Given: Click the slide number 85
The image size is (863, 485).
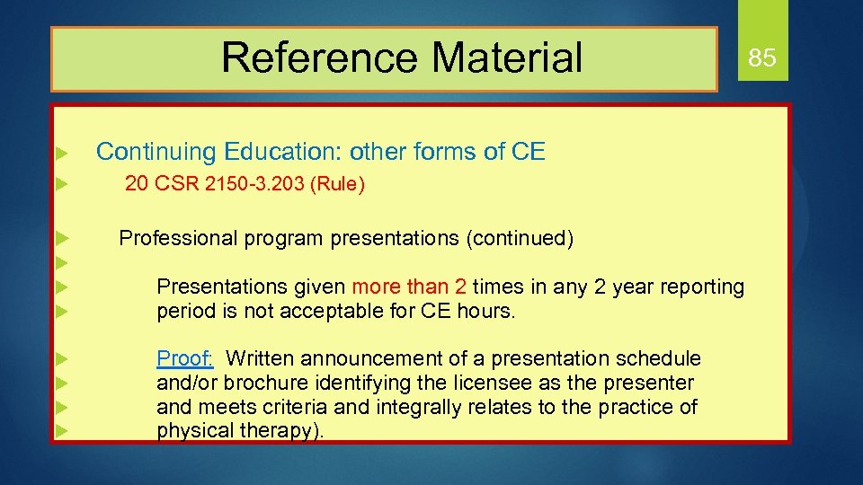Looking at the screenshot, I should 761,58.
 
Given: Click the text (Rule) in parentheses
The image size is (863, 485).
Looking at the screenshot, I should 337,185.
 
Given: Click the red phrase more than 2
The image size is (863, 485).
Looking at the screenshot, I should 409,287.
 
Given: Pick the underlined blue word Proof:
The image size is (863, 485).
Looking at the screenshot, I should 185,359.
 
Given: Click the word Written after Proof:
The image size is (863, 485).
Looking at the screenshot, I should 262,359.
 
